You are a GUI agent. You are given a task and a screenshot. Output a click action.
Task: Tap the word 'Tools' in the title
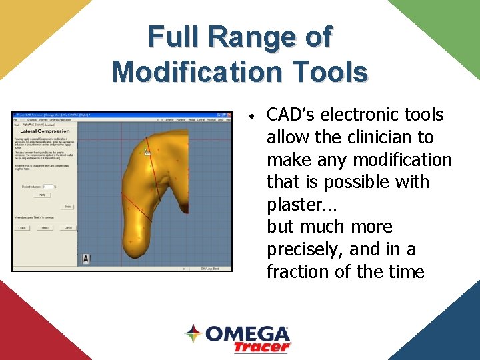coord(333,71)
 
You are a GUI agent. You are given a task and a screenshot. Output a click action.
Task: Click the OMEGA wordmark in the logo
coord(247,334)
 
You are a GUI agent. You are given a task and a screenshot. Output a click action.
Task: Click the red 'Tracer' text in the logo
coord(262,347)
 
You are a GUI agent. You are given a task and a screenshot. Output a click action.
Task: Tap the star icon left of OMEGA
coord(193,333)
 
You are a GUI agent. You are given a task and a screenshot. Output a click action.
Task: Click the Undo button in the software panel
coord(67,207)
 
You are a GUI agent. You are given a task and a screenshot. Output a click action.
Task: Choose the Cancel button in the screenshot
coord(67,227)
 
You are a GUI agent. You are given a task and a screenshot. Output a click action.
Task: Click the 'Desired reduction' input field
coord(47,187)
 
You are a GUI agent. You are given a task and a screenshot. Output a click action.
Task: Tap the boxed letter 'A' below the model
coord(86,259)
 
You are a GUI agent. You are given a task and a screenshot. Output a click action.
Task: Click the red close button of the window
coord(229,115)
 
